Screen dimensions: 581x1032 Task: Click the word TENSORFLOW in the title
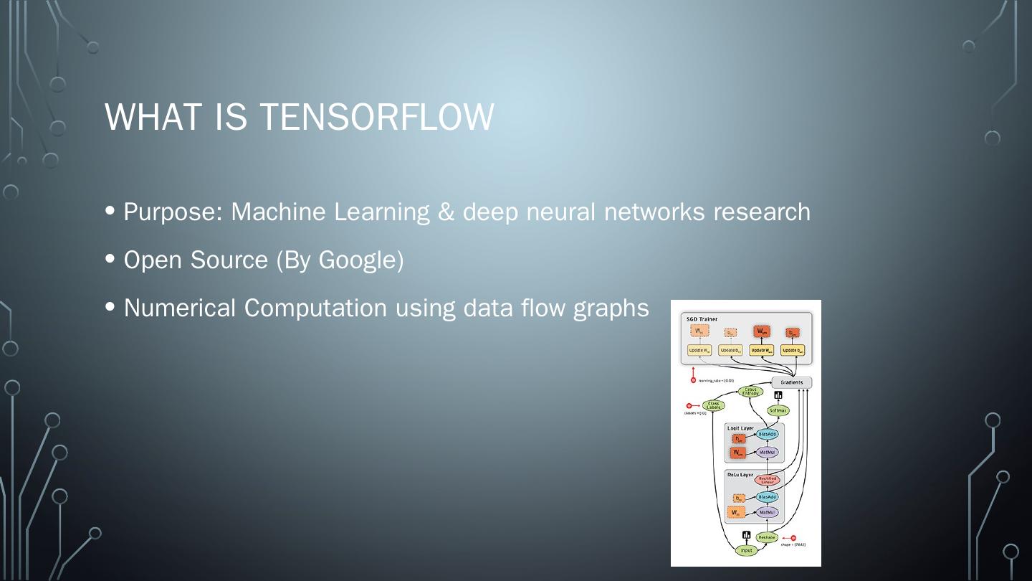click(x=376, y=116)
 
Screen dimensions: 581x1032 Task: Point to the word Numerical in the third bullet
click(x=180, y=308)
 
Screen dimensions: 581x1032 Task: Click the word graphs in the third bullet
click(x=611, y=308)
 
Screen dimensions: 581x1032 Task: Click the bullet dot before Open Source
click(x=110, y=259)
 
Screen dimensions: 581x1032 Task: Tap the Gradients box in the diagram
click(x=791, y=382)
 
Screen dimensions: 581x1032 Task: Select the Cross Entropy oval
click(x=750, y=392)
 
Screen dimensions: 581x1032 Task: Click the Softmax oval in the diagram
click(x=778, y=411)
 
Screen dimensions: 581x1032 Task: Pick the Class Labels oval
click(x=713, y=406)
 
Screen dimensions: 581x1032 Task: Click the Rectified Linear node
click(x=767, y=481)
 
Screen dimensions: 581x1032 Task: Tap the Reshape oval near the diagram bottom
click(x=767, y=537)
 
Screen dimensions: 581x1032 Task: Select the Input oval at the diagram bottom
click(x=747, y=551)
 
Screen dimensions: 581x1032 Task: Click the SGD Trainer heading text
click(x=702, y=319)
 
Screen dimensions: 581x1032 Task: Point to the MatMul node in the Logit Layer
click(x=767, y=453)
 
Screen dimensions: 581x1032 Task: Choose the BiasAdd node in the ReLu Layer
click(x=767, y=497)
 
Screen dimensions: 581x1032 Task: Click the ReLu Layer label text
click(x=740, y=475)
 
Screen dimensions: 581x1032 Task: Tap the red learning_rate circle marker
click(x=693, y=380)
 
